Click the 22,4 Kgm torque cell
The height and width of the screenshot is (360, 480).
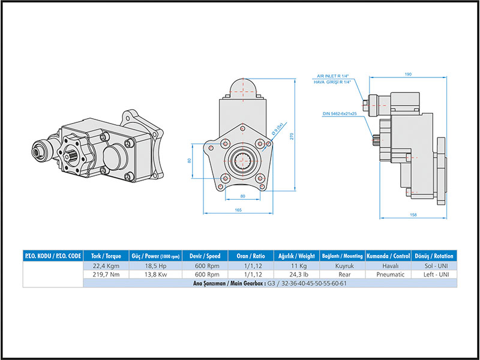click(x=106, y=265)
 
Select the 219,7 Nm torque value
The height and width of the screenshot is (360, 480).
click(x=106, y=274)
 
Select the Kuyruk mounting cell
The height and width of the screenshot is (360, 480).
click(x=341, y=265)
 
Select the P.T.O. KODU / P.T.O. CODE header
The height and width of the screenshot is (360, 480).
click(x=52, y=255)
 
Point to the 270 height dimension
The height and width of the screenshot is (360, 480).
click(x=292, y=136)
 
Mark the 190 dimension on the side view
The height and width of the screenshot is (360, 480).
click(x=408, y=74)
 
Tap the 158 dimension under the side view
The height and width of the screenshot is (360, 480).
click(x=414, y=214)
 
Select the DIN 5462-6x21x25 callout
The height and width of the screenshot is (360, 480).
click(x=339, y=113)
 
